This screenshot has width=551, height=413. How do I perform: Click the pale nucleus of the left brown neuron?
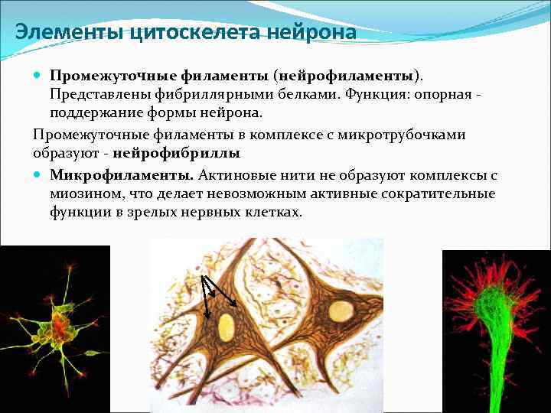[x=226, y=327]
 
